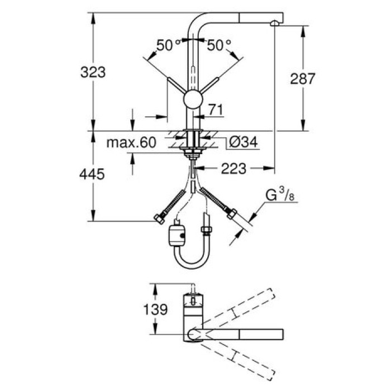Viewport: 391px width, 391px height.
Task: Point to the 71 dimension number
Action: [216, 110]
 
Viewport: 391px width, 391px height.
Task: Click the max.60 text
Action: [131, 143]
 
